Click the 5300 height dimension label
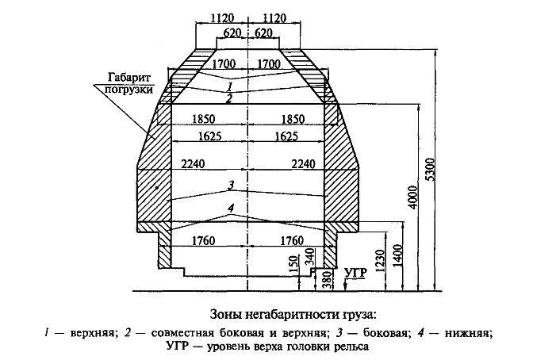(431, 169)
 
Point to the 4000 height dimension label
(413, 197)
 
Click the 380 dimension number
(327, 279)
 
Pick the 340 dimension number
(311, 257)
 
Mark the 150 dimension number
(294, 263)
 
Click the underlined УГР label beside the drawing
(356, 274)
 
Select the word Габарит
(128, 78)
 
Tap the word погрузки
(128, 90)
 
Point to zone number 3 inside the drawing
(231, 186)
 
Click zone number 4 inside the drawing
(231, 208)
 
